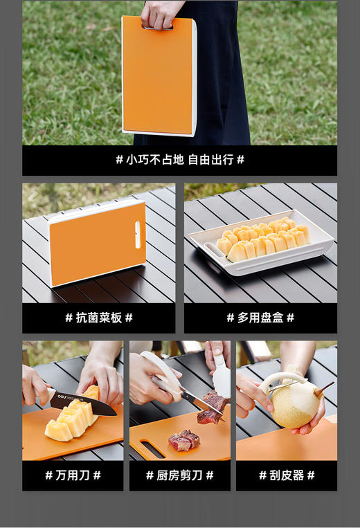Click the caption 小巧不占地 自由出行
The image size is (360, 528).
pos(179,160)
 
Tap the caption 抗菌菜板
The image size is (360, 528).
pos(98,318)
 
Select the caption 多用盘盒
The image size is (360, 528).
pos(260,318)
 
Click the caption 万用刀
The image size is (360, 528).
pos(73,475)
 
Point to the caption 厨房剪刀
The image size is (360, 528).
pos(179,475)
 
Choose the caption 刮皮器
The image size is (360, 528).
pos(287,475)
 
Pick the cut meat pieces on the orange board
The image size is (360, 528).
pos(185,440)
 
